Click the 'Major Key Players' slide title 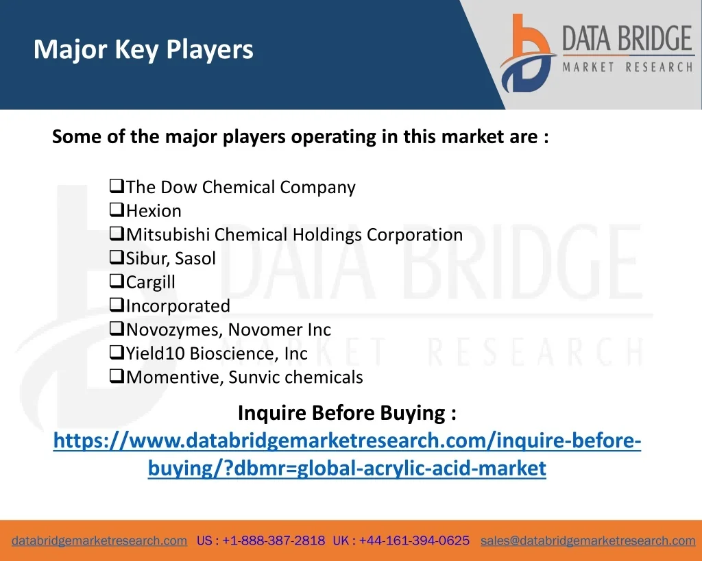(x=143, y=49)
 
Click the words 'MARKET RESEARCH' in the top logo (x=628, y=67)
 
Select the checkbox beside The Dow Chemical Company (x=117, y=185)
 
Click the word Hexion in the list (x=154, y=211)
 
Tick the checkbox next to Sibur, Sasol (x=117, y=257)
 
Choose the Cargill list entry (x=150, y=282)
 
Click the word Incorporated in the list (x=178, y=306)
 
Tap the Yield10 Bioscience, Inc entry (x=217, y=353)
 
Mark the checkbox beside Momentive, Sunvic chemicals (x=117, y=375)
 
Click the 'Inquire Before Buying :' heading (x=347, y=412)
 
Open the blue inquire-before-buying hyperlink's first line (x=347, y=440)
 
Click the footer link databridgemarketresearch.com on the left (x=99, y=541)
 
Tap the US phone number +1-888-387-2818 (x=274, y=541)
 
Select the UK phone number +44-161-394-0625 (x=414, y=541)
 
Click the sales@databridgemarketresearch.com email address (x=588, y=541)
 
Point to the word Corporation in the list (x=415, y=235)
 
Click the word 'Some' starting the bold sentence (x=77, y=136)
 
